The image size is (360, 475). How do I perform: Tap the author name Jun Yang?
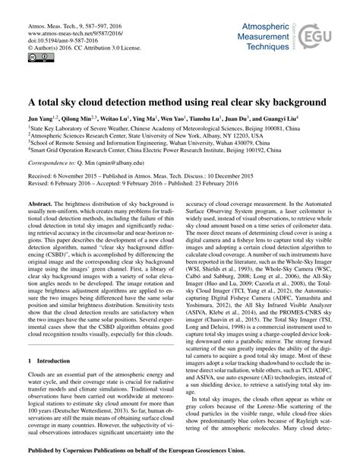40,119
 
